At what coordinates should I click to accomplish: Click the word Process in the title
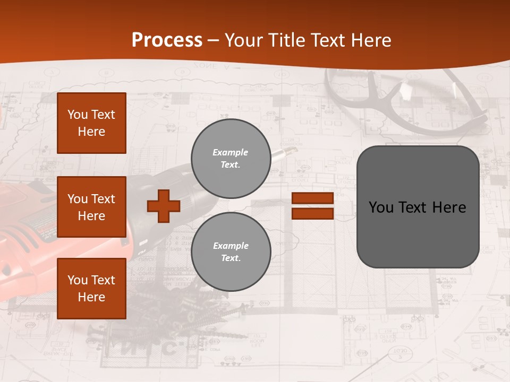pyautogui.click(x=167, y=40)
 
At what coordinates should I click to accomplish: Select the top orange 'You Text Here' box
pyautogui.click(x=91, y=123)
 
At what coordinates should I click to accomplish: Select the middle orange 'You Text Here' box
pyautogui.click(x=91, y=207)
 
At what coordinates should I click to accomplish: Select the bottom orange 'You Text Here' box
pyautogui.click(x=91, y=289)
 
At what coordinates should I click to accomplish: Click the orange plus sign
pyautogui.click(x=164, y=206)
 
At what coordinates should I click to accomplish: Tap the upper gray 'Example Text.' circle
pyautogui.click(x=231, y=159)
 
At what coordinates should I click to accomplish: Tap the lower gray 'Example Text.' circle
pyautogui.click(x=231, y=252)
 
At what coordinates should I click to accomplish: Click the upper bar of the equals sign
pyautogui.click(x=312, y=198)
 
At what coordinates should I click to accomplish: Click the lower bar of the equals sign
pyautogui.click(x=312, y=214)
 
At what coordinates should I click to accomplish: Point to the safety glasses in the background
pyautogui.click(x=409, y=101)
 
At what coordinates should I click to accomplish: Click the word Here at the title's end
pyautogui.click(x=370, y=40)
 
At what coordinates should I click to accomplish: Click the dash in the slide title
pyautogui.click(x=213, y=41)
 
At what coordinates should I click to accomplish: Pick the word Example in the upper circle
pyautogui.click(x=230, y=152)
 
